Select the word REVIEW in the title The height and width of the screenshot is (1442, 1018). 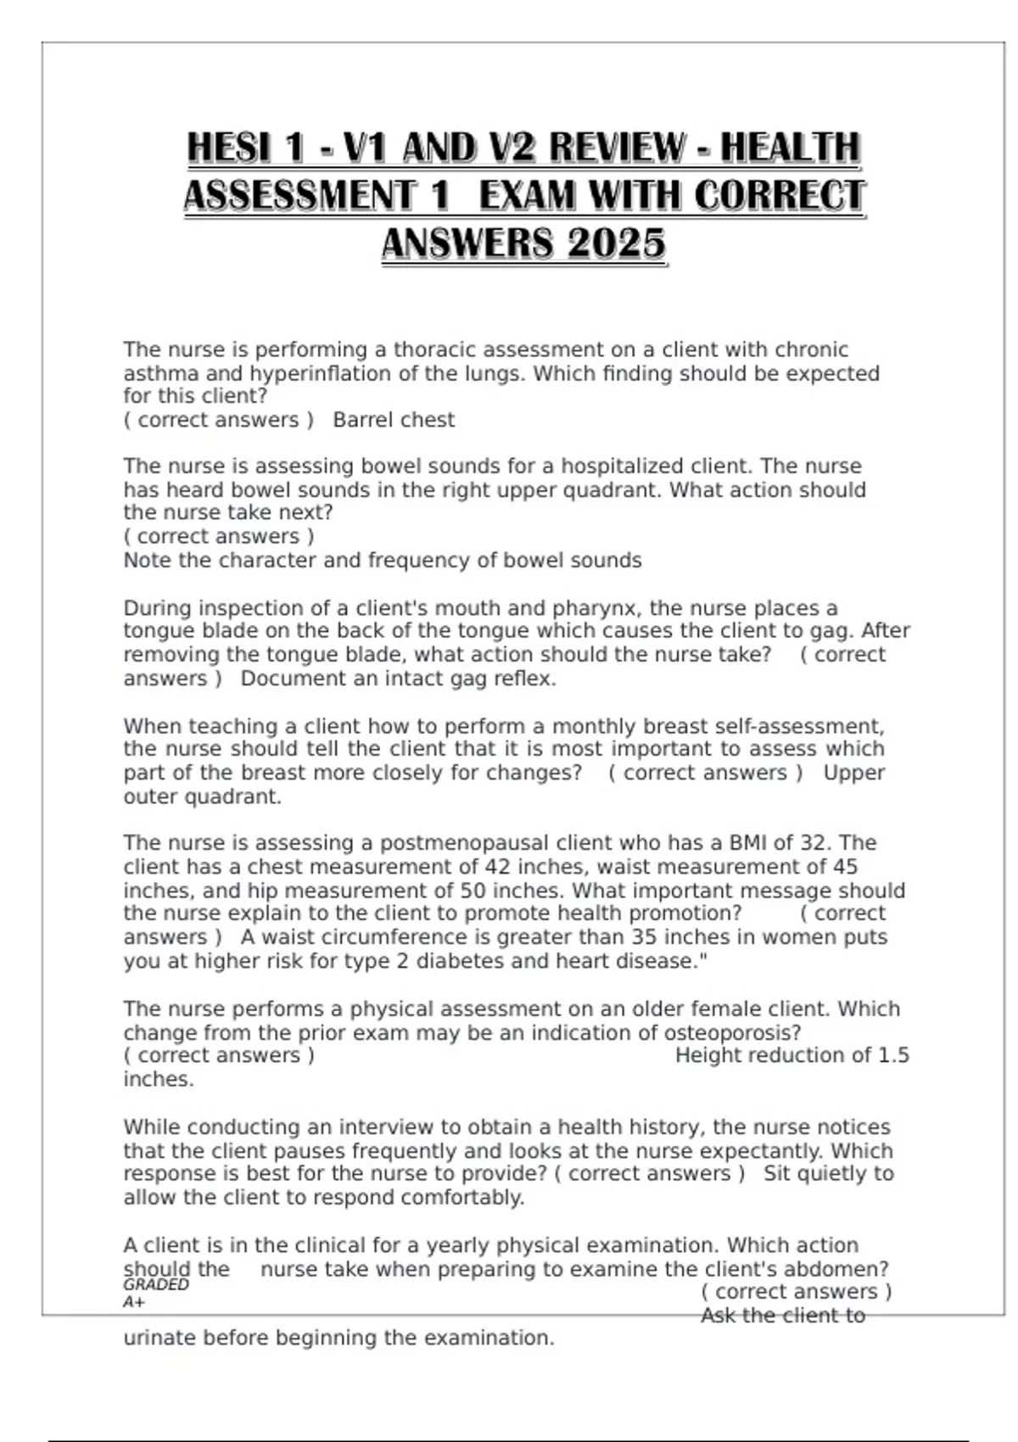click(x=616, y=148)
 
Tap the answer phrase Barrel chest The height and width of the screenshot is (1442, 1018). click(x=394, y=420)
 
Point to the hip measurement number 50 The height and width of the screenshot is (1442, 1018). click(x=473, y=891)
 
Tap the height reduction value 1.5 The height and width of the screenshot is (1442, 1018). click(x=893, y=1055)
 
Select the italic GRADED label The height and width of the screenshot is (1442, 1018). click(x=156, y=1285)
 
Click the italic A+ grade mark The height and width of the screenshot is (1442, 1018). click(x=134, y=1302)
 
